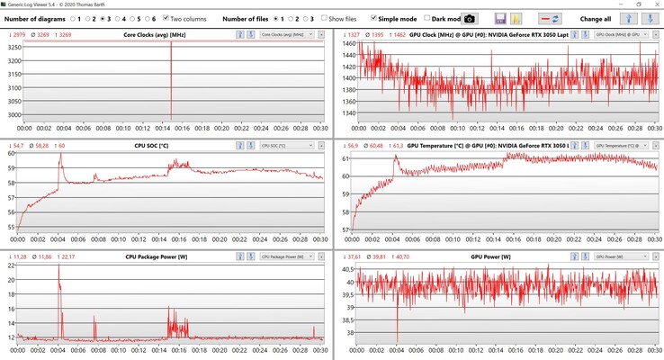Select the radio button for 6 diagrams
[144, 18]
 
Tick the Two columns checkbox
[166, 18]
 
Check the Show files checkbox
[323, 18]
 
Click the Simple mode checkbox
[373, 18]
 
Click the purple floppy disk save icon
[501, 18]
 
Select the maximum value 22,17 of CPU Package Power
[67, 256]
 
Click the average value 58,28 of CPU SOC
[40, 145]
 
